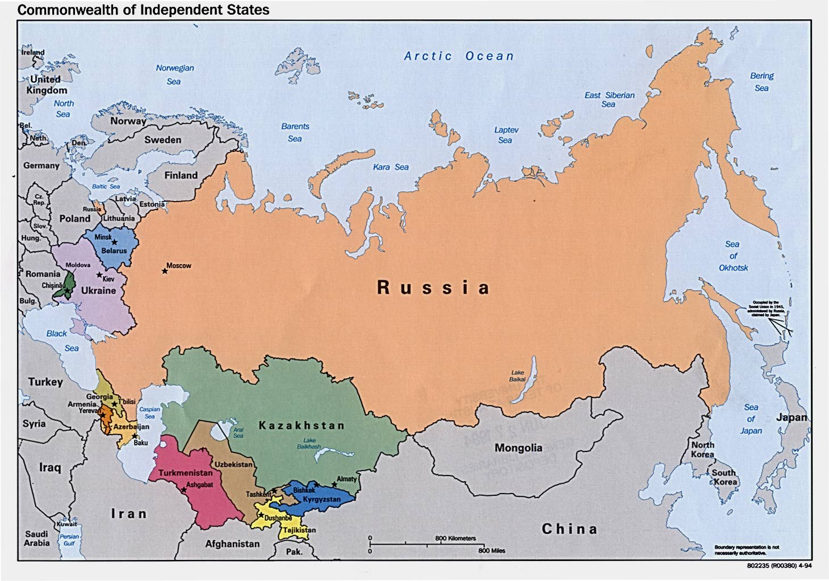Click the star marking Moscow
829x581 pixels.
(165, 271)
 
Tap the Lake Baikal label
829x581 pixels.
(517, 376)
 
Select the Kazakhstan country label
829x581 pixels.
(302, 425)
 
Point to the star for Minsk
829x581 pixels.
(114, 242)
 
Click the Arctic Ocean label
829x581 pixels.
(459, 56)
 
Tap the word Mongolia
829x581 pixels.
(518, 448)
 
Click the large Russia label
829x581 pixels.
(433, 287)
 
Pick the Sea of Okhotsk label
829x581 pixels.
(733, 256)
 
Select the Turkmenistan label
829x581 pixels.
(186, 473)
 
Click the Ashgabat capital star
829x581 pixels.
(183, 490)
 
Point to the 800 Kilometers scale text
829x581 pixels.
(455, 538)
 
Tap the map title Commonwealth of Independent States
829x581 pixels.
(143, 10)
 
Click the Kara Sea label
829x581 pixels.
(391, 167)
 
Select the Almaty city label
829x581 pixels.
(347, 479)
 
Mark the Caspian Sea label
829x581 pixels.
(149, 412)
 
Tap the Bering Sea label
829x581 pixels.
(761, 82)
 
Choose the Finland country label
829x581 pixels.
(181, 175)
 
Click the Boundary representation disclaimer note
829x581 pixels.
(747, 550)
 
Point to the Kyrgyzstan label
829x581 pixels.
(321, 500)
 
